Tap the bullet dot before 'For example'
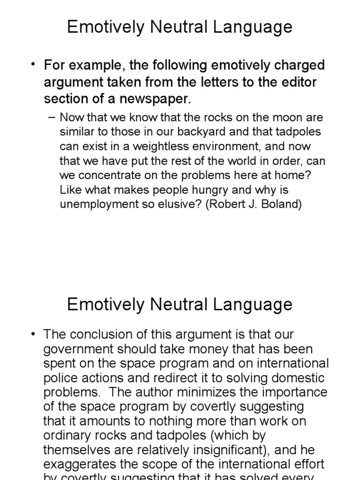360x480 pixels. (x=34, y=65)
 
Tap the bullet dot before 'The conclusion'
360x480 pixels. (x=34, y=335)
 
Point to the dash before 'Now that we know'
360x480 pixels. (x=52, y=117)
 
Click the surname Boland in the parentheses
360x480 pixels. (x=280, y=205)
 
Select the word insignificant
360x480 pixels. (x=210, y=450)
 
